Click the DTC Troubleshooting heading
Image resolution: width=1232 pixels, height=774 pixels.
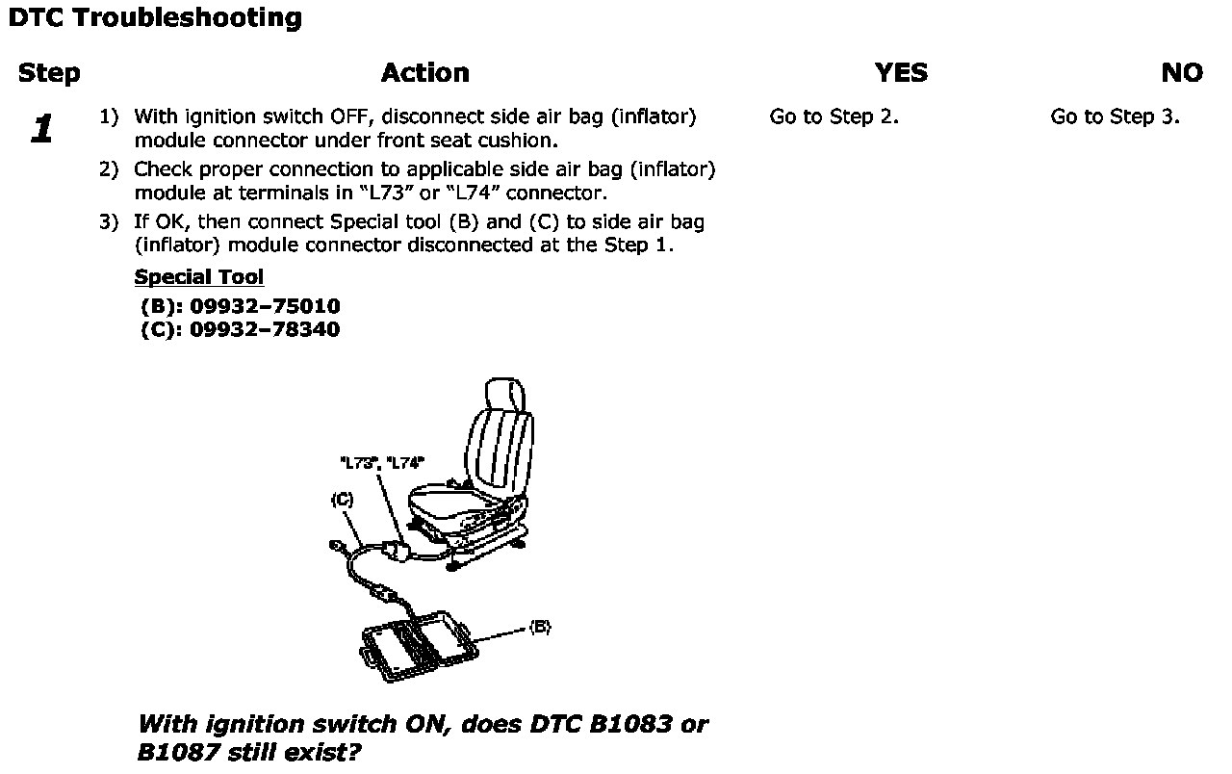[154, 18]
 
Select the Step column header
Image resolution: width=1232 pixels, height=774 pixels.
[49, 73]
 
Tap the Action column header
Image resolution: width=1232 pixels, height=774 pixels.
[424, 73]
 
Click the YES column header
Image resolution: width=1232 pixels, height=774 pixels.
[901, 73]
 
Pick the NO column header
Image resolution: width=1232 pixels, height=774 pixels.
[1182, 73]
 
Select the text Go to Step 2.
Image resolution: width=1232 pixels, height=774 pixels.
[834, 117]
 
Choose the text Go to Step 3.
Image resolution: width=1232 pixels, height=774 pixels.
[1115, 117]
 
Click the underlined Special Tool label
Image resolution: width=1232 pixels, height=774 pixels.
[199, 277]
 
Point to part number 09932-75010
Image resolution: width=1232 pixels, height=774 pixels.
[265, 307]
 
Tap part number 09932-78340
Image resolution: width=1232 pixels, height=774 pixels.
[265, 329]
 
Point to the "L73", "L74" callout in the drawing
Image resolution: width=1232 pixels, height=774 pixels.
[382, 463]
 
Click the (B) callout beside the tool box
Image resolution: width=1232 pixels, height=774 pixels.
[540, 628]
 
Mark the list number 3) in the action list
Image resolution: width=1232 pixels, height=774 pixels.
[109, 222]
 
